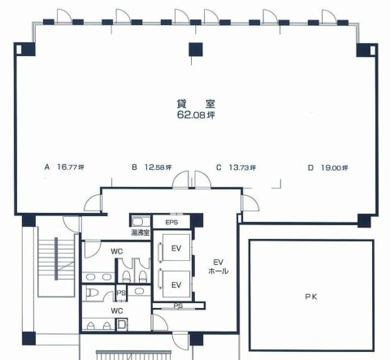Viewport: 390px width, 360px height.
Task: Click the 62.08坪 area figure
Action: (196, 115)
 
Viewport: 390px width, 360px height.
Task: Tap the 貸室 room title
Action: (196, 104)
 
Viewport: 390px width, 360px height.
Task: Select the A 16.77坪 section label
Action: (64, 167)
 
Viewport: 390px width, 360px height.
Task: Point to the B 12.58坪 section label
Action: (151, 167)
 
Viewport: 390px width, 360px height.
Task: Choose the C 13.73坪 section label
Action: (236, 167)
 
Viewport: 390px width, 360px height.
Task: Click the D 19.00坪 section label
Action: (328, 167)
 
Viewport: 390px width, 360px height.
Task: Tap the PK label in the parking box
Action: (311, 297)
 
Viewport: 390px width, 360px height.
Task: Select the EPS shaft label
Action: (171, 223)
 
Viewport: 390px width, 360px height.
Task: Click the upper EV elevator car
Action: (176, 248)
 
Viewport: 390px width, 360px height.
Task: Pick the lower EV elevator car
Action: (176, 284)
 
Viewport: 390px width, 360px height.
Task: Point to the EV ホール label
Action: (219, 267)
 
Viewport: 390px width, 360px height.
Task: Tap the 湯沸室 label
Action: (141, 232)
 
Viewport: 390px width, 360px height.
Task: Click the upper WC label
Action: (117, 251)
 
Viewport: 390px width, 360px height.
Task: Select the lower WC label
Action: (117, 310)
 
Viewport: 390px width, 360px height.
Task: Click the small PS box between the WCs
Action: (121, 293)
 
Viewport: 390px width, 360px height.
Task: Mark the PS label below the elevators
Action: (178, 306)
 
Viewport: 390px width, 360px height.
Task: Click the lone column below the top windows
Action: (196, 50)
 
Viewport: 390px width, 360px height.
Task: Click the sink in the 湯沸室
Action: (138, 222)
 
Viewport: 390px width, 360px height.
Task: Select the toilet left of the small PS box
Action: (89, 293)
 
